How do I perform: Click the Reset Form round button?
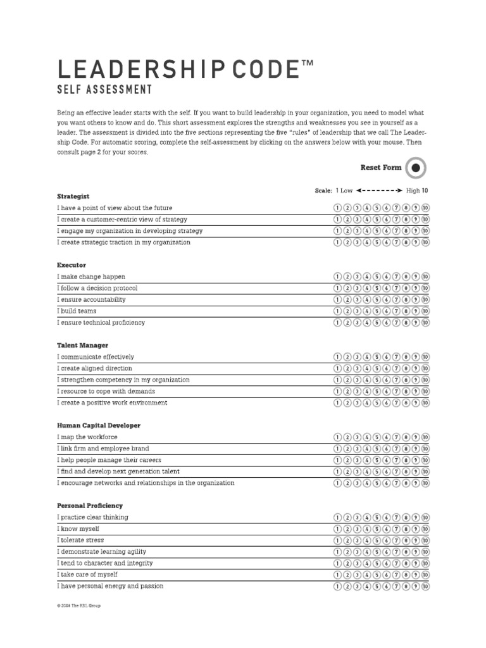(x=415, y=168)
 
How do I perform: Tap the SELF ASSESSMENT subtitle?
(x=104, y=90)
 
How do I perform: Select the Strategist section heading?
(x=73, y=196)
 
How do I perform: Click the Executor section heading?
(x=72, y=265)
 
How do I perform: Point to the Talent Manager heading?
(x=82, y=346)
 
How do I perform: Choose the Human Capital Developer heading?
(x=99, y=426)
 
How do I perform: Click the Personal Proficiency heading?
(x=90, y=506)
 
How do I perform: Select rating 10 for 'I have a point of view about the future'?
(x=425, y=208)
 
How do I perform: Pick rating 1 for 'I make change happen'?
(x=337, y=277)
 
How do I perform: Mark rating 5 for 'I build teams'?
(x=377, y=311)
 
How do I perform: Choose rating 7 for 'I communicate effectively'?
(x=396, y=357)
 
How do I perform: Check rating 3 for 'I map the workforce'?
(x=357, y=437)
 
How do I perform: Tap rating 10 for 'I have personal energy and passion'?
(x=425, y=586)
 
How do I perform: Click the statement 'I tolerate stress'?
(x=80, y=540)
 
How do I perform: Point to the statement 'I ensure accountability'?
(x=91, y=300)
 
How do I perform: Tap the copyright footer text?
(x=78, y=606)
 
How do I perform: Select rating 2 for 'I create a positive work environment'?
(x=347, y=403)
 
